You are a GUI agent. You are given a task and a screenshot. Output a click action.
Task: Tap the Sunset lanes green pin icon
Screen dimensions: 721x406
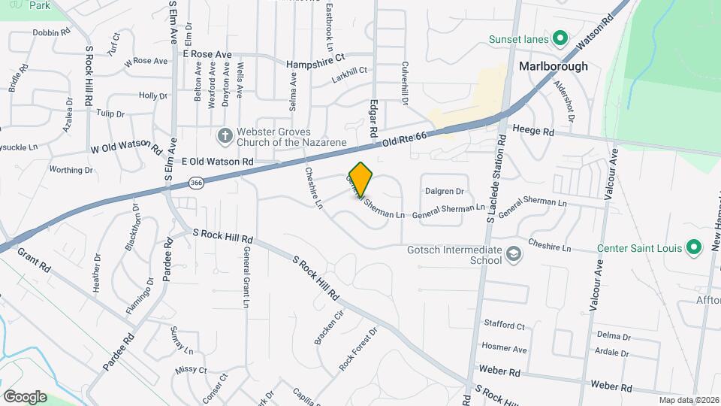pos(559,38)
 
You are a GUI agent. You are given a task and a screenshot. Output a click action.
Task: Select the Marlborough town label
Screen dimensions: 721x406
pos(554,66)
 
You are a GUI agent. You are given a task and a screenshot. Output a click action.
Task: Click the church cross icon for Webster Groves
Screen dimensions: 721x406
pos(224,135)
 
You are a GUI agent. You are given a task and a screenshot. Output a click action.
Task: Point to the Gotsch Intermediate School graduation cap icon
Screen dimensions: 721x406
pos(513,254)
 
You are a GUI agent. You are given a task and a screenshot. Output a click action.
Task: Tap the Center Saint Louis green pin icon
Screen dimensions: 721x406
pos(695,247)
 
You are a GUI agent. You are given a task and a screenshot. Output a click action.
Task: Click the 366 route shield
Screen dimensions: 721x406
pos(197,182)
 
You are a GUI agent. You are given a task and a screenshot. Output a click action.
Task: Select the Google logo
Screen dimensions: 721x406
pos(25,396)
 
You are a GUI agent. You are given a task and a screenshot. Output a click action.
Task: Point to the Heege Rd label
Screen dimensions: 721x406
pos(533,132)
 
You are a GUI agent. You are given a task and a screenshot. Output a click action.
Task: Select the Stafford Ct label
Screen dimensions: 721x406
pos(504,326)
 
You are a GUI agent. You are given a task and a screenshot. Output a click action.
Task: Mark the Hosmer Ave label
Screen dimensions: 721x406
pos(504,349)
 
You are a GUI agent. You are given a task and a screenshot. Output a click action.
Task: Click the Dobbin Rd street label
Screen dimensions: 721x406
pos(51,33)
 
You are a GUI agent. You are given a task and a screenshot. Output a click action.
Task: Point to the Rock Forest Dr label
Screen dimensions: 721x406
pos(356,353)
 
